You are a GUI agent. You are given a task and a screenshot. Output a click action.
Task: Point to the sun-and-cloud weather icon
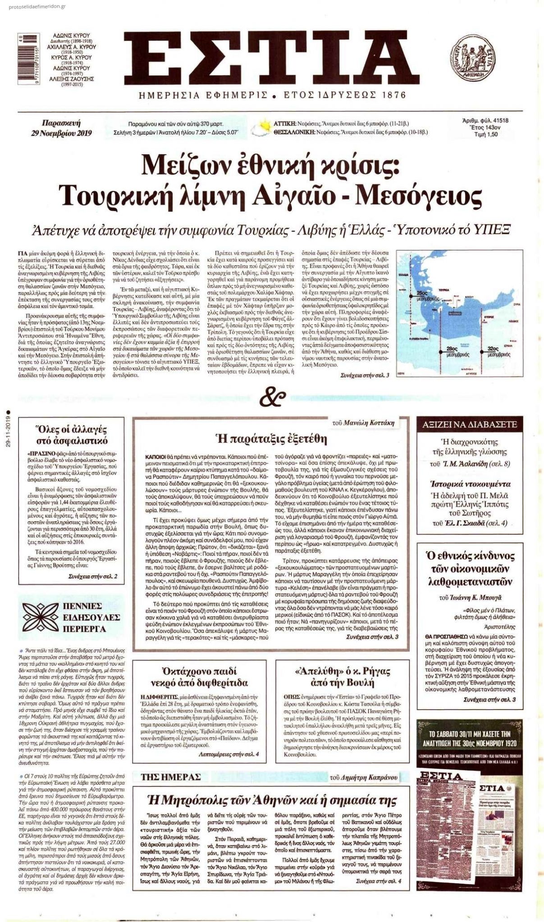(x=262, y=128)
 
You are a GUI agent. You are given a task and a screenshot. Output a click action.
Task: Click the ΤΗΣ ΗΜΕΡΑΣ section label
(x=170, y=777)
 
